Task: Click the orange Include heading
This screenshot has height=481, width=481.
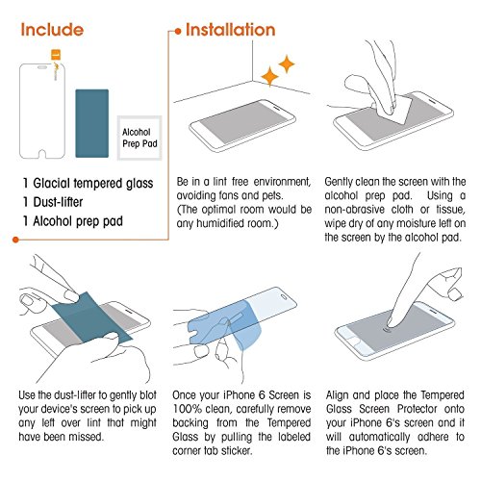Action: point(52,30)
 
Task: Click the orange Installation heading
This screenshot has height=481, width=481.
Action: point(231,30)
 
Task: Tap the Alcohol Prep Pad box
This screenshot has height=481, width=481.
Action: point(139,138)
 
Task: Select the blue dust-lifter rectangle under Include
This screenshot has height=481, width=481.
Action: point(92,123)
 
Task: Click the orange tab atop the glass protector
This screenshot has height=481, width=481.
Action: point(56,55)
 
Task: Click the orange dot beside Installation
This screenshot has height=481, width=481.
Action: point(178,32)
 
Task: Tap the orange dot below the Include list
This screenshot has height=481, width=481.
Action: point(15,240)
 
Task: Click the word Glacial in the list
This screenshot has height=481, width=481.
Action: point(51,183)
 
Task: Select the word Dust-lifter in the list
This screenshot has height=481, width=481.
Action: point(58,202)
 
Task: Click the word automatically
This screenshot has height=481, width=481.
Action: point(379,437)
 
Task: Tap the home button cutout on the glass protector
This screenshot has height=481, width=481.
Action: point(41,154)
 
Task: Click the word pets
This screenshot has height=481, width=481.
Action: point(271,195)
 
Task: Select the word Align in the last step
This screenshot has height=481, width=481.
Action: point(337,395)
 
